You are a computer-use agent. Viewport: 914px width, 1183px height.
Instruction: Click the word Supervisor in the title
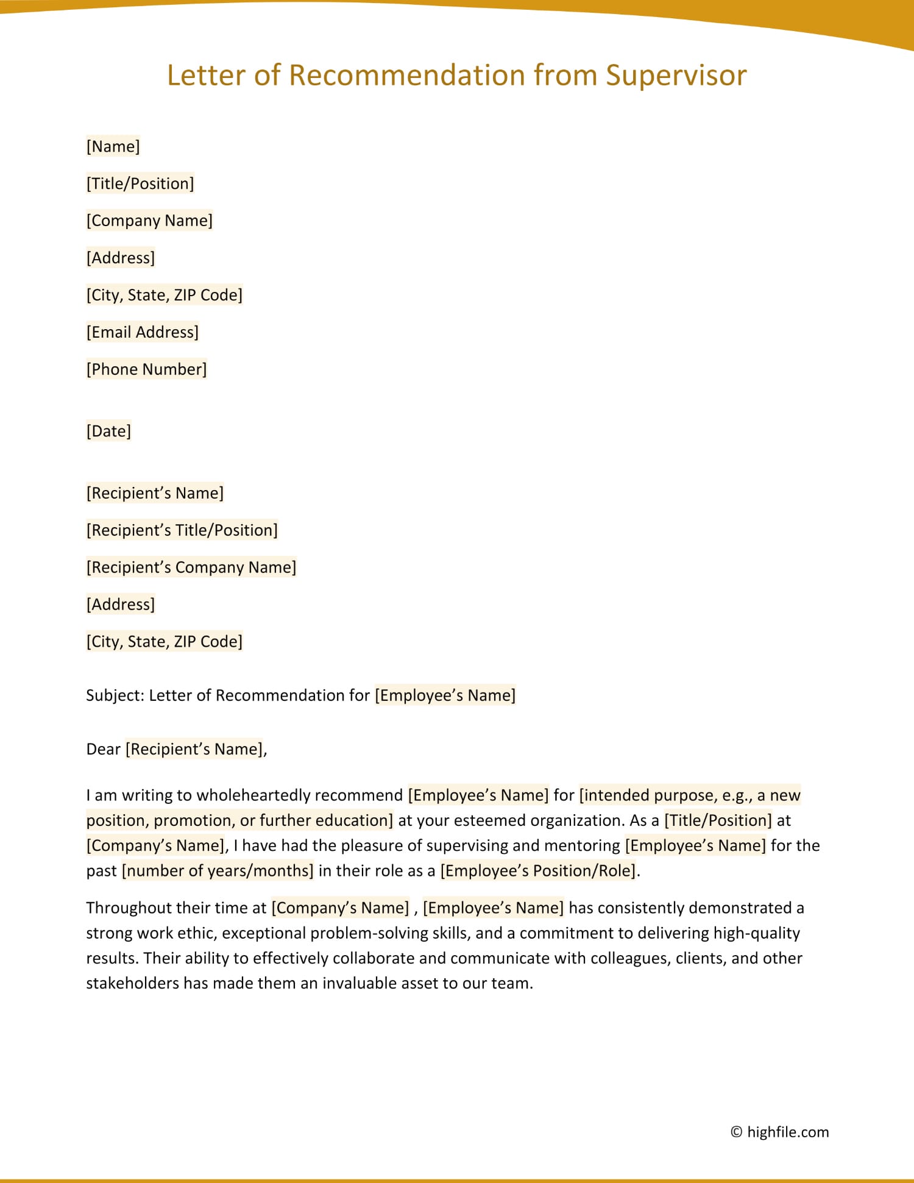pyautogui.click(x=676, y=76)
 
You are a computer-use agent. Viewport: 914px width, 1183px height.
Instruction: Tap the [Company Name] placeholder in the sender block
pyautogui.click(x=149, y=221)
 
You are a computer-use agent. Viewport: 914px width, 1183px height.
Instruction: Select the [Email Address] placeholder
pyautogui.click(x=143, y=332)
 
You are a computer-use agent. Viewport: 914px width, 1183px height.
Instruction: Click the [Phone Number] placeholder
pyautogui.click(x=146, y=369)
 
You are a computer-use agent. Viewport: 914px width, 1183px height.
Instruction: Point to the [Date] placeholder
pyautogui.click(x=108, y=432)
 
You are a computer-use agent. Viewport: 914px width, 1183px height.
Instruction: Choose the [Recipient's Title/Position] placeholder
pyautogui.click(x=182, y=530)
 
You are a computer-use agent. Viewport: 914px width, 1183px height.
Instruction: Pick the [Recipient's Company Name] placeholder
pyautogui.click(x=191, y=567)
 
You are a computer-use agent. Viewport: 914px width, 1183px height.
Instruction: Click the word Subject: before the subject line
pyautogui.click(x=115, y=695)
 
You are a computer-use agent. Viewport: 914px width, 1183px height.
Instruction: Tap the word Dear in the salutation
pyautogui.click(x=104, y=749)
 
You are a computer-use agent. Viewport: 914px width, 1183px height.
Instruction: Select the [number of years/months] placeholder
pyautogui.click(x=218, y=870)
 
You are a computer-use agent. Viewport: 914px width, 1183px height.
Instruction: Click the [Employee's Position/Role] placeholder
pyautogui.click(x=538, y=870)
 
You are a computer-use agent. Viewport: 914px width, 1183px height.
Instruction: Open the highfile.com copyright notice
pyautogui.click(x=780, y=1132)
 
